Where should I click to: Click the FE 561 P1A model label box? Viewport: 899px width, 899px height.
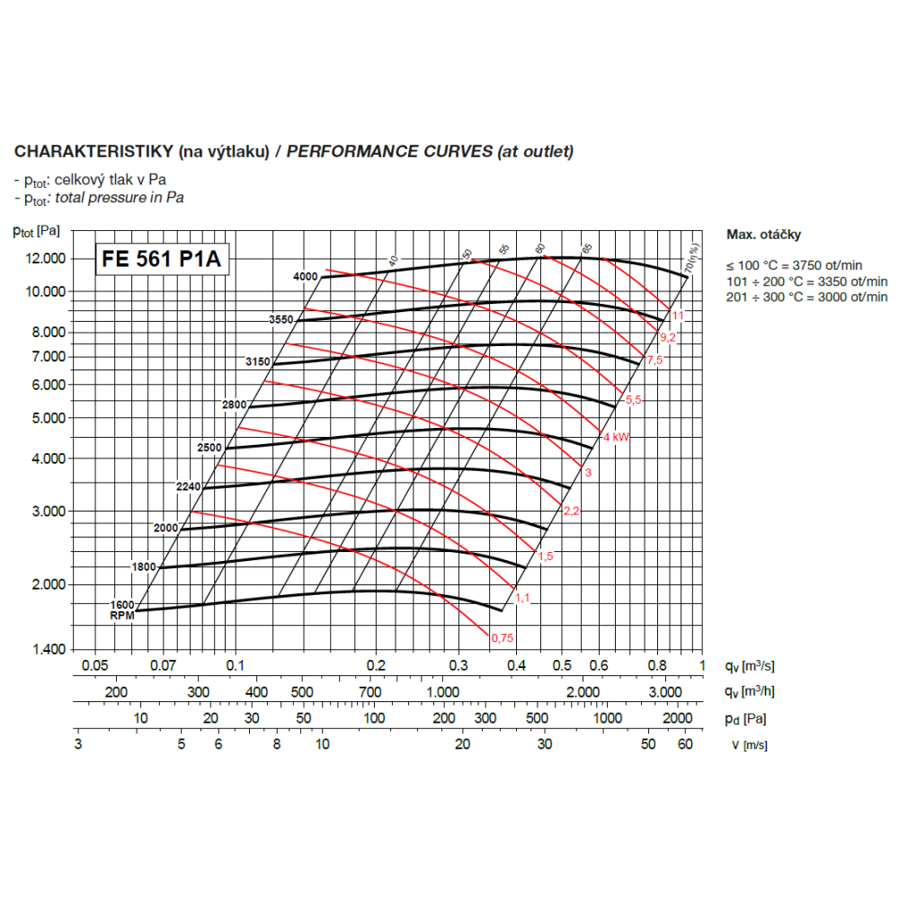pyautogui.click(x=161, y=259)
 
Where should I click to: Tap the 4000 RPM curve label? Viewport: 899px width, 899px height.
pyautogui.click(x=306, y=277)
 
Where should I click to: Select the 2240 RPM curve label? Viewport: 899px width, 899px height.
pyautogui.click(x=189, y=486)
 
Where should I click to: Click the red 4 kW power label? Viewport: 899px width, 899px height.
pyautogui.click(x=615, y=437)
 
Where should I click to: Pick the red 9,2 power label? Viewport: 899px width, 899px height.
pyautogui.click(x=667, y=337)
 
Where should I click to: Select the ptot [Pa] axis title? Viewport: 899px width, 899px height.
pyautogui.click(x=37, y=230)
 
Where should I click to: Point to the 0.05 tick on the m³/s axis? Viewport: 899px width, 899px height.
pyautogui.click(x=94, y=665)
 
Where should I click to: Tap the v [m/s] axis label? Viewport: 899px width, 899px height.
pyautogui.click(x=749, y=744)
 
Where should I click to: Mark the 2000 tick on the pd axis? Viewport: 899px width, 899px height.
pyautogui.click(x=677, y=718)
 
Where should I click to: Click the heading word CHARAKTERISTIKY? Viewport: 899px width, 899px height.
pyautogui.click(x=93, y=151)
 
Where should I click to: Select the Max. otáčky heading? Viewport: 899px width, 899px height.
pyautogui.click(x=763, y=235)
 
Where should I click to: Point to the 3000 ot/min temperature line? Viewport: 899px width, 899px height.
pyautogui.click(x=806, y=297)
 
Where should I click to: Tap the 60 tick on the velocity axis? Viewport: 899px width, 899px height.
pyautogui.click(x=685, y=744)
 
